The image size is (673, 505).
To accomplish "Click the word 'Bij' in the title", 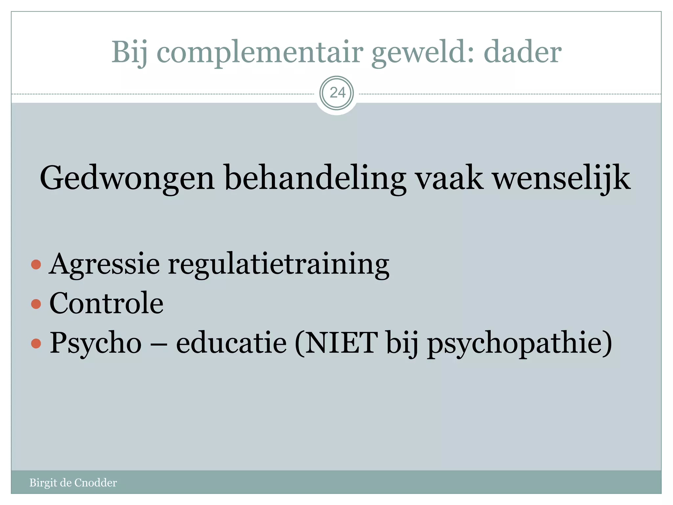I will (129, 53).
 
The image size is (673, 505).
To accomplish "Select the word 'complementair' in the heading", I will (260, 53).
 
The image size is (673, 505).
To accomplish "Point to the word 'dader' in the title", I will (522, 53).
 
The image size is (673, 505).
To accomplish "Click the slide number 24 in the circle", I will (337, 93).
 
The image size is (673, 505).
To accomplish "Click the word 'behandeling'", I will (315, 178).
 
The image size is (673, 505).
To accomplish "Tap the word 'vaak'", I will (449, 178).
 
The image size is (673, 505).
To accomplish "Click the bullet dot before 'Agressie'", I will (36, 264).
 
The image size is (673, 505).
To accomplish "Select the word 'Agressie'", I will (104, 264).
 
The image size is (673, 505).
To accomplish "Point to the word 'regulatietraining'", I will (279, 264).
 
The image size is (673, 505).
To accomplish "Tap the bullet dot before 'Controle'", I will (36, 304).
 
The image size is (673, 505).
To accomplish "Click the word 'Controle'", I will (106, 303).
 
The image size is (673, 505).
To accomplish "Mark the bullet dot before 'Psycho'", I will (36, 344).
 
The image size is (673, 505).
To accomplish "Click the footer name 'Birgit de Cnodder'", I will (73, 483).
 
